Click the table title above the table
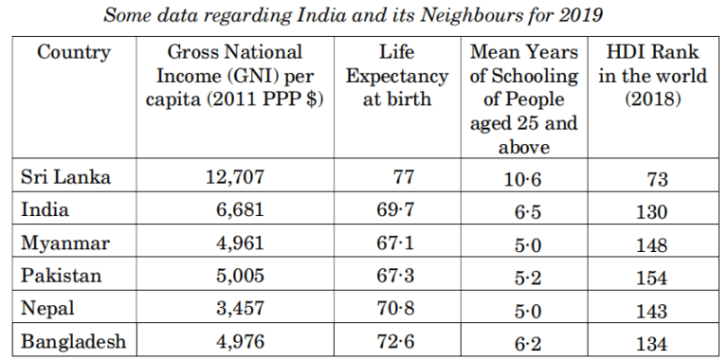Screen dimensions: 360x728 [364, 14]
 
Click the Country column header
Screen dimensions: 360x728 [74, 52]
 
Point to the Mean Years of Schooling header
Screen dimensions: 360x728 [525, 99]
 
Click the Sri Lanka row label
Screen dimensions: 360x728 [66, 177]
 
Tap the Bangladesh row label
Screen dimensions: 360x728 [73, 343]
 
